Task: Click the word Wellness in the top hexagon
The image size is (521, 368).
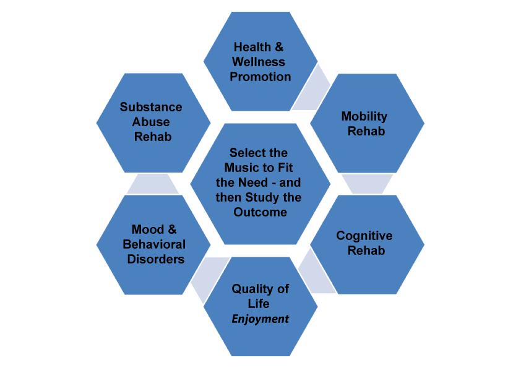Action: point(259,62)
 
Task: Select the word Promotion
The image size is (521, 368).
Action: point(260,77)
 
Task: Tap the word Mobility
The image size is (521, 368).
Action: point(364,116)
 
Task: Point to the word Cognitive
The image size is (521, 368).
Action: point(364,236)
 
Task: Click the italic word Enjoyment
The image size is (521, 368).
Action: point(260,319)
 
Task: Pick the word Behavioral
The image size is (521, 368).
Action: point(154,244)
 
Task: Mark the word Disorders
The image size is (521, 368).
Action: point(156,259)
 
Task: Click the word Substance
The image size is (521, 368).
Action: point(151,107)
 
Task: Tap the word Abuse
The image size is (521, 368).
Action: point(151,122)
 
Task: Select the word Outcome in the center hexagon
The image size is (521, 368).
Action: point(260,212)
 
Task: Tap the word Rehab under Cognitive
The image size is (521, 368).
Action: point(366,250)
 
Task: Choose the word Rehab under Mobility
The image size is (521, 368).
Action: point(366,131)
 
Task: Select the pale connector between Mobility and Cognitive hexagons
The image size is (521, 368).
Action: point(367,183)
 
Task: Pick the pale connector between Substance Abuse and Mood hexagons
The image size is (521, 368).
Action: point(153,183)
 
